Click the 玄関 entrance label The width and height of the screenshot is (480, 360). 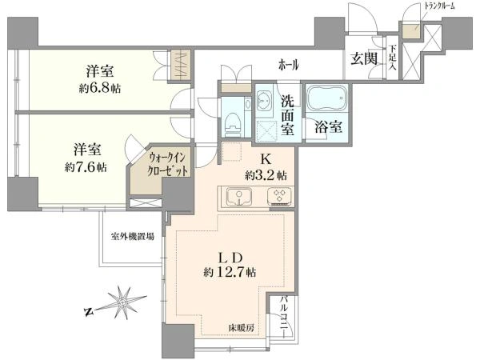(363, 58)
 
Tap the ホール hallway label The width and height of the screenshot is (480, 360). (288, 65)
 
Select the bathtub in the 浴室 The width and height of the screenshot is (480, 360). (327, 98)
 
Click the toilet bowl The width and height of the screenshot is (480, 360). (234, 123)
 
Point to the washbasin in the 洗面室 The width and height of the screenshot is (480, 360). (263, 100)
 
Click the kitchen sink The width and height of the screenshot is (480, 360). (239, 196)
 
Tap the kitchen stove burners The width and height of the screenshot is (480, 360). (279, 196)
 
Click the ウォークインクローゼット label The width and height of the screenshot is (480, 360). (167, 165)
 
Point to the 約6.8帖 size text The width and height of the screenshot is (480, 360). (100, 89)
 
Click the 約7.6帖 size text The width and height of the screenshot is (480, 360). (86, 167)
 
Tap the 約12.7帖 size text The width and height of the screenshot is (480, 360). (230, 272)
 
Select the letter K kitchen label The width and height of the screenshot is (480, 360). (266, 159)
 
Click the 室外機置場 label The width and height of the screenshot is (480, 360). (133, 236)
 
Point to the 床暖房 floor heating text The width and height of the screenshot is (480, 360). (241, 329)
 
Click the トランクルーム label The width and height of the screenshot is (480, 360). (439, 6)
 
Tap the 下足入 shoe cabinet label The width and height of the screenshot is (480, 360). (392, 58)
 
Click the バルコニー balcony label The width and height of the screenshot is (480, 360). (284, 315)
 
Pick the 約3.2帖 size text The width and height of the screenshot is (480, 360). (266, 175)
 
